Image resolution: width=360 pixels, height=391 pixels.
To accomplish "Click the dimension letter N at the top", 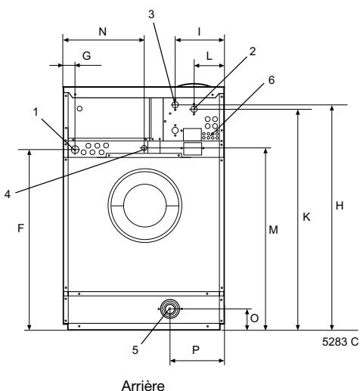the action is [103, 32].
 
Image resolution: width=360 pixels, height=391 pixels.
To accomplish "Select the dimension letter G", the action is [86, 56].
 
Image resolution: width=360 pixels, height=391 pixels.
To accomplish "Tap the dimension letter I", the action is [199, 32].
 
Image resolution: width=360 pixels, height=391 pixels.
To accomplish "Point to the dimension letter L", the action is [209, 56].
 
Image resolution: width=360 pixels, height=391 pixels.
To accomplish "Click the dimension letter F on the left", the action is [20, 228].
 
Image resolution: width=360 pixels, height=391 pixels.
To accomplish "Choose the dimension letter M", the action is [273, 230].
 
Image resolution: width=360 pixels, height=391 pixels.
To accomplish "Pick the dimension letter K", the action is [306, 217].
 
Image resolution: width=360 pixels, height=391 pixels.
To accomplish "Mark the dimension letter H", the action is [340, 206].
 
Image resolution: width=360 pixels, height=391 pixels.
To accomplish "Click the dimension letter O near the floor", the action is [254, 318].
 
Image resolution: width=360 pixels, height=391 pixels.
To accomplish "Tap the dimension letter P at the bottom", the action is [196, 350].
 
